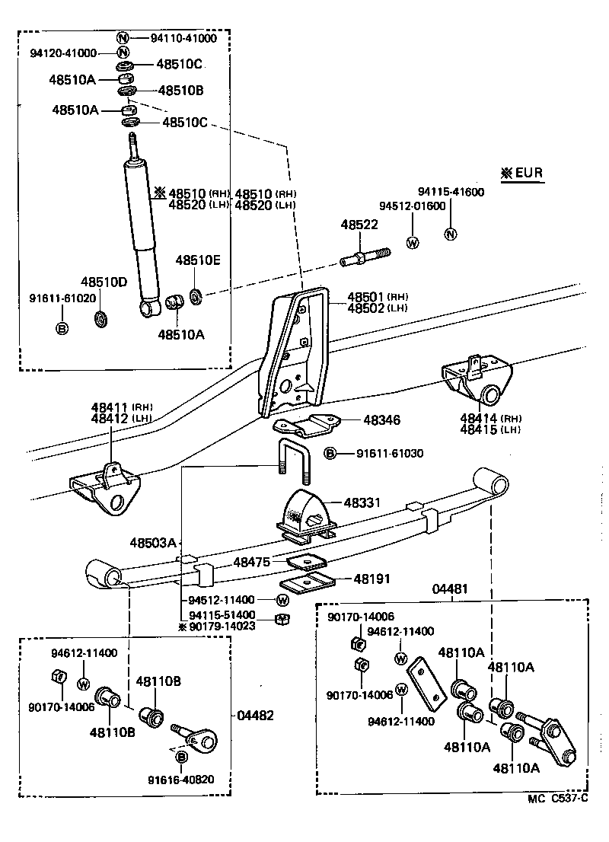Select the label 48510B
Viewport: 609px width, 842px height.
coord(180,91)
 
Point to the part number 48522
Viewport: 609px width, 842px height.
coord(359,225)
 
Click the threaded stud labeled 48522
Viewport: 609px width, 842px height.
coord(365,257)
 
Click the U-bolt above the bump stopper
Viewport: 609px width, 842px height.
coord(293,461)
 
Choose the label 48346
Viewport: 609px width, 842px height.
coord(381,419)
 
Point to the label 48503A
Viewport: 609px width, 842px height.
coord(152,543)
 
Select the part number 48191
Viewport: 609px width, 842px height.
coord(371,579)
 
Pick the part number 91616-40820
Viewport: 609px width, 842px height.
coord(181,779)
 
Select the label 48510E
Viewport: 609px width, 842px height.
coord(198,260)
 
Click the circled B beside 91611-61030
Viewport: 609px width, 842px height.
coord(330,454)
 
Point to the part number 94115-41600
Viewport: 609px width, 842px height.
coord(451,192)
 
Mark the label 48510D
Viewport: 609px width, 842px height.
coord(104,282)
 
